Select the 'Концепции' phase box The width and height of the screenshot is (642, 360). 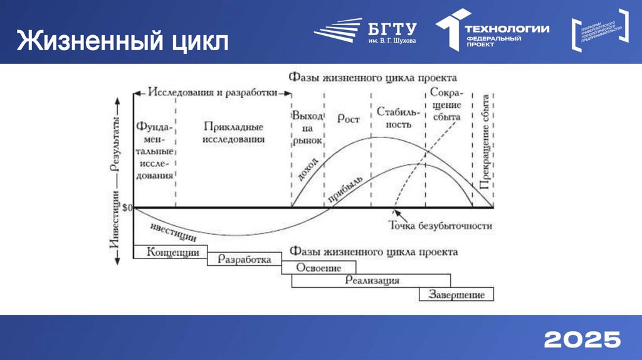(x=170, y=251)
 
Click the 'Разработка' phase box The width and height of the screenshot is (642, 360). (x=245, y=259)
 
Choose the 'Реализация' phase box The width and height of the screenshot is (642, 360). (x=372, y=280)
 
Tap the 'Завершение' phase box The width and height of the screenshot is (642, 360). (x=456, y=294)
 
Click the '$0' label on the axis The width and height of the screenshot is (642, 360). (x=126, y=208)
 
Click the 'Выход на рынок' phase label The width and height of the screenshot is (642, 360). (x=307, y=129)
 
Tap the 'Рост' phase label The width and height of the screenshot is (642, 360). (x=348, y=119)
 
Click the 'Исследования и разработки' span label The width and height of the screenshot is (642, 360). (x=213, y=92)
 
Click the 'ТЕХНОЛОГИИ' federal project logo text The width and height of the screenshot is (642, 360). (x=507, y=29)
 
